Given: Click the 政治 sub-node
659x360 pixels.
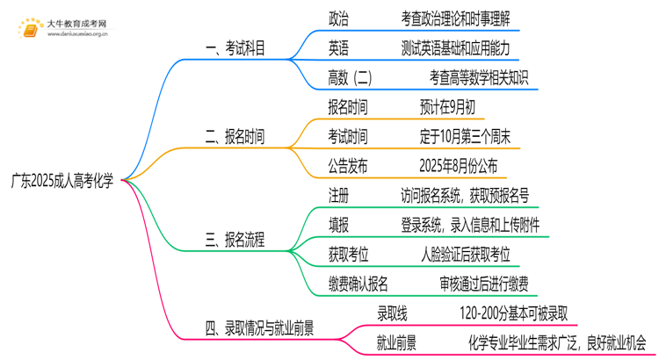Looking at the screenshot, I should click(338, 17).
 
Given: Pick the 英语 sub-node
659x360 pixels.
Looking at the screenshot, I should click(338, 47).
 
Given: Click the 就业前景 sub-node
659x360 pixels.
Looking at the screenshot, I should click(397, 342).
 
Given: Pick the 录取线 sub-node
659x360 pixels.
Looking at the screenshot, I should click(392, 313).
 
